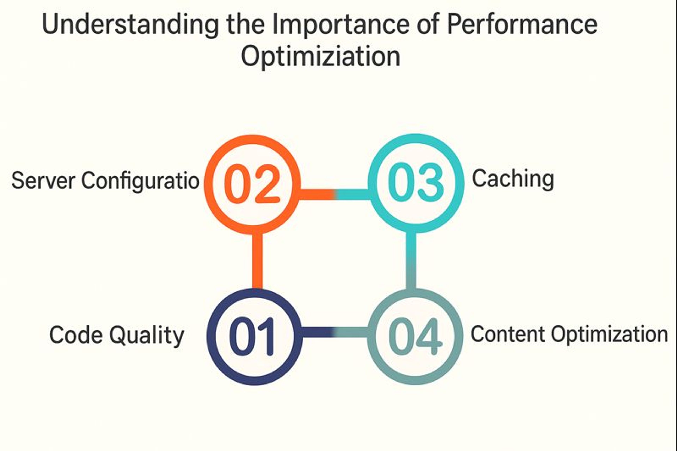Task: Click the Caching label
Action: click(x=513, y=179)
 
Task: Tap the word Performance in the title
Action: click(x=522, y=24)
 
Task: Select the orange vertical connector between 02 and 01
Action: click(x=257, y=260)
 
